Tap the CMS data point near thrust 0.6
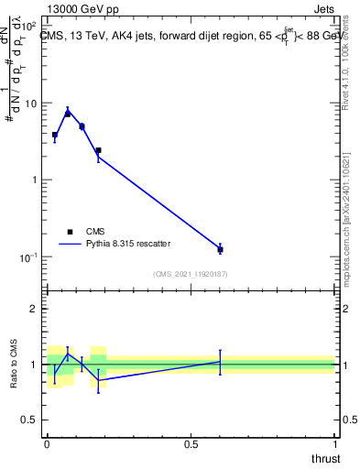click(x=220, y=249)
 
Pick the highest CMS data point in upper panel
click(x=68, y=114)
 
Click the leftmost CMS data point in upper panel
click(x=55, y=135)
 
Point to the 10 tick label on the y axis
click(x=31, y=104)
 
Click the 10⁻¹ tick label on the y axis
click(x=29, y=256)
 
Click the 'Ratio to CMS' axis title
click(x=12, y=364)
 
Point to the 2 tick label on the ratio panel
click(x=35, y=309)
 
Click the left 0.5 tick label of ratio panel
click(x=31, y=420)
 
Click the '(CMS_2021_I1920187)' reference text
click(x=190, y=274)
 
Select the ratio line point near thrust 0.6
click(x=220, y=362)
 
